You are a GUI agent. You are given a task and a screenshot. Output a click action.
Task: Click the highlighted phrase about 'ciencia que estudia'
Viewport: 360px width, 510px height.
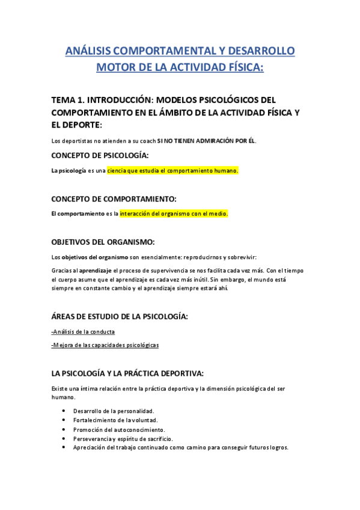pos(172,171)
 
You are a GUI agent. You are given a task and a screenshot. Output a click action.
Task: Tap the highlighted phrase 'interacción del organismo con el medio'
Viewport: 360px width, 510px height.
pos(174,214)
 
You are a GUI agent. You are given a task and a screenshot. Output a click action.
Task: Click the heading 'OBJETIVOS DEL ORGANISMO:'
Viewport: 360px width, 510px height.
pos(103,242)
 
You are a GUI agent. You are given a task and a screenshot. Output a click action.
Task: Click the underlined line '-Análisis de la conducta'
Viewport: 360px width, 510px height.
pos(83,331)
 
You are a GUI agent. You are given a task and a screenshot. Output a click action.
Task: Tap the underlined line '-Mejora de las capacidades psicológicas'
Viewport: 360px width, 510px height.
pos(105,345)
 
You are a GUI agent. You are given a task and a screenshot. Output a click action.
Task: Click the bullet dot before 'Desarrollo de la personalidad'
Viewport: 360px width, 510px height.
pos(64,410)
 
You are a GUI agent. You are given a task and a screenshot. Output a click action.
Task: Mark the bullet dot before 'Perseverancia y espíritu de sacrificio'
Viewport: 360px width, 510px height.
pos(64,438)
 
